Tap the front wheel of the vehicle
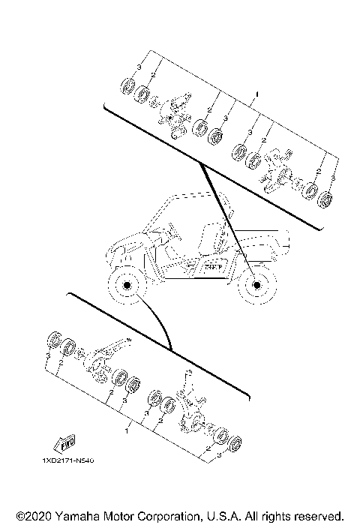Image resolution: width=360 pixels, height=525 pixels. [x=125, y=286]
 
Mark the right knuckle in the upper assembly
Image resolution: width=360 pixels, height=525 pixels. [x=271, y=172]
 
